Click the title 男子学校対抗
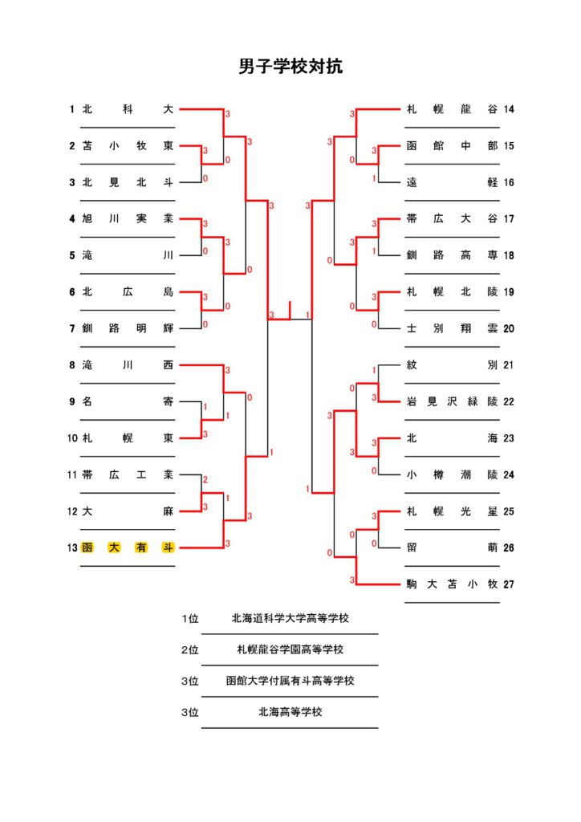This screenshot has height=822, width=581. [x=290, y=67]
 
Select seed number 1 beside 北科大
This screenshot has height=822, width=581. [x=71, y=109]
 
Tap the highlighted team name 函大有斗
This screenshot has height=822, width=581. [x=128, y=547]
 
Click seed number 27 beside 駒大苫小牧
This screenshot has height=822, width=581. [x=508, y=584]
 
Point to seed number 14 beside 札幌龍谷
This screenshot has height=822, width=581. [x=508, y=109]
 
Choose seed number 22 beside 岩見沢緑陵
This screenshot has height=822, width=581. [x=508, y=401]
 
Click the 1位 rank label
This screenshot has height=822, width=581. [x=190, y=619]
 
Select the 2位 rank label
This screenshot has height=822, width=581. [x=190, y=650]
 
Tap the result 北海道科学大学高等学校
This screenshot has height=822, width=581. [x=290, y=619]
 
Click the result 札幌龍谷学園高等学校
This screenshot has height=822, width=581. [x=290, y=649]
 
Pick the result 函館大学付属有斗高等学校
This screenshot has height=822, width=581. [x=290, y=681]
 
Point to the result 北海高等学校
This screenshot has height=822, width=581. [x=290, y=712]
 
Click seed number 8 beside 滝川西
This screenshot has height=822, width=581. [x=71, y=365]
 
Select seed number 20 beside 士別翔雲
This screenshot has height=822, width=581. [x=508, y=328]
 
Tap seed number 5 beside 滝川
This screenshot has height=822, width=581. [x=71, y=255]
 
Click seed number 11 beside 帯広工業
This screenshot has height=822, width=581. [x=71, y=475]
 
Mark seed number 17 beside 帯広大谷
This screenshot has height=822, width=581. [x=508, y=218]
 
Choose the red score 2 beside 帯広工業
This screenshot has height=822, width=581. [x=205, y=480]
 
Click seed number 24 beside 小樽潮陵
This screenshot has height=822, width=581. [x=508, y=475]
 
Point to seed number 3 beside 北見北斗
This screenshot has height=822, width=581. [x=71, y=182]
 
